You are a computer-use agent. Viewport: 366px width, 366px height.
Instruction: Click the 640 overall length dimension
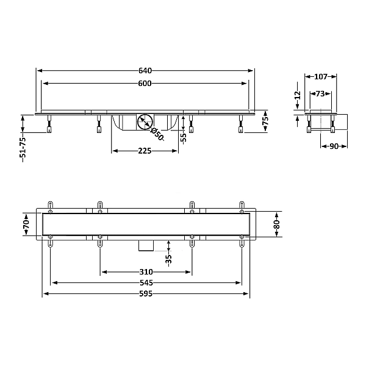(145, 71)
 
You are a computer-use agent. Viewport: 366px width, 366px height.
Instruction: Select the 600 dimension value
(145, 84)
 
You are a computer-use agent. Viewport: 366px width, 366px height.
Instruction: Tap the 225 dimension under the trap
(145, 151)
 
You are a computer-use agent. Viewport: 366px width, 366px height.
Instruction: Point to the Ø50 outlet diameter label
(157, 134)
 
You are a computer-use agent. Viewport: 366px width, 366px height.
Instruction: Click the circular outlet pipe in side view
(145, 121)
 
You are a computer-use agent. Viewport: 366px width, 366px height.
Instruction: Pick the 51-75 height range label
(23, 150)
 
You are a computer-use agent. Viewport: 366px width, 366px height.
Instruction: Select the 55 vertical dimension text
(184, 138)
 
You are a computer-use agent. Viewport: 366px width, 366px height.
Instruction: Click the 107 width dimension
(321, 77)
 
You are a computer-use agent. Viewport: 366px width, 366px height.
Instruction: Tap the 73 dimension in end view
(320, 93)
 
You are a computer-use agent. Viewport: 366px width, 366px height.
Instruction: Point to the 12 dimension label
(298, 95)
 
